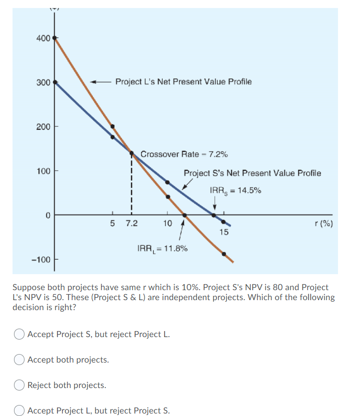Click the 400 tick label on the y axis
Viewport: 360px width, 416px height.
pyautogui.click(x=42, y=38)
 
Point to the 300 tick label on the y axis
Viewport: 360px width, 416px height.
pyautogui.click(x=42, y=82)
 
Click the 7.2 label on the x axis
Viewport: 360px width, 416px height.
pyautogui.click(x=131, y=223)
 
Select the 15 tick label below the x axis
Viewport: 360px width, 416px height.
pyautogui.click(x=223, y=232)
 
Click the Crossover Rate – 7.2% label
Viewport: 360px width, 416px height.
pyautogui.click(x=184, y=154)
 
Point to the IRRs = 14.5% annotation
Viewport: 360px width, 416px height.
pyautogui.click(x=235, y=190)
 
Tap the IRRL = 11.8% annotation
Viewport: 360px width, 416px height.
pyautogui.click(x=162, y=248)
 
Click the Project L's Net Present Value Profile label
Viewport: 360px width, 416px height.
pyautogui.click(x=183, y=81)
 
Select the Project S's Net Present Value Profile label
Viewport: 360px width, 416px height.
pyautogui.click(x=252, y=173)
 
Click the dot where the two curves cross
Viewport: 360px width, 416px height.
pyautogui.click(x=131, y=154)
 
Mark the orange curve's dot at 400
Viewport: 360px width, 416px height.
pyautogui.click(x=55, y=38)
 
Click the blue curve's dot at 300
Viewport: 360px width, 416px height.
pyautogui.click(x=55, y=82)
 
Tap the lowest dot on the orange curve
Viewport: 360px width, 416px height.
pyautogui.click(x=223, y=254)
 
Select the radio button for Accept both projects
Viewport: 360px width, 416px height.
pyautogui.click(x=19, y=360)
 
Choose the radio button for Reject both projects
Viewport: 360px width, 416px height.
pyautogui.click(x=19, y=385)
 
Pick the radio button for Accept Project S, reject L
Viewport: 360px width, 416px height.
pyautogui.click(x=19, y=334)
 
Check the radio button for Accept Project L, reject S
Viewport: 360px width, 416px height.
pyautogui.click(x=19, y=411)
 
